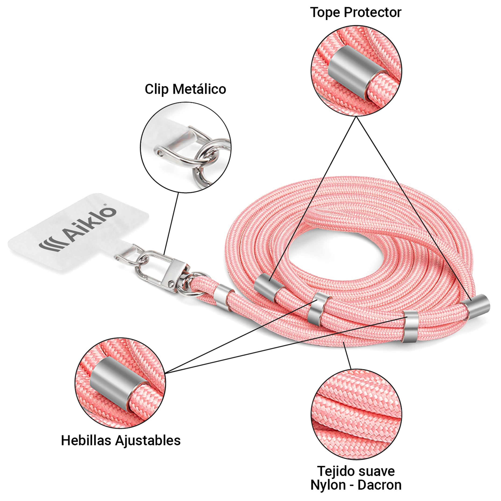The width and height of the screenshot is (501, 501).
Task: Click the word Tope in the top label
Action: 325,12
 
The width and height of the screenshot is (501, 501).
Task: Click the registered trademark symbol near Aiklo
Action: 105,205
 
